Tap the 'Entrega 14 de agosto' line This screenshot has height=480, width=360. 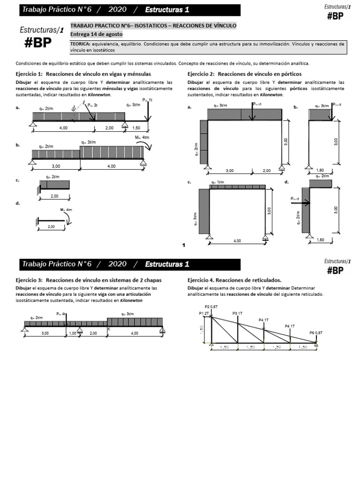(96, 34)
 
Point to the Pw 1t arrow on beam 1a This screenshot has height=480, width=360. (148, 112)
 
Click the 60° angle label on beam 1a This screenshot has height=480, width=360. (74, 109)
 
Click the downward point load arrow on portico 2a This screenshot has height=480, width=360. (253, 112)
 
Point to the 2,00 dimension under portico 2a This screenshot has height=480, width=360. (267, 171)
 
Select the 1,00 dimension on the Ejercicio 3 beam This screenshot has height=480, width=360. (73, 333)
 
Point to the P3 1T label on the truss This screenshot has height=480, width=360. (238, 313)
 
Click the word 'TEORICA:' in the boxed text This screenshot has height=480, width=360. (81, 44)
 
